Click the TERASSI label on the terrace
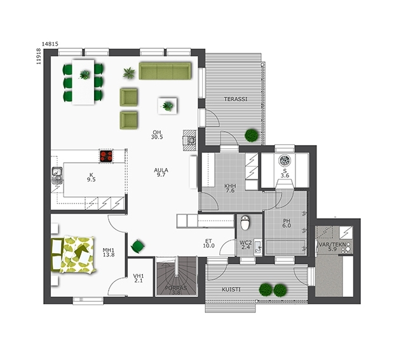[236, 99]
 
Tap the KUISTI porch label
[231, 289]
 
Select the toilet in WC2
[245, 223]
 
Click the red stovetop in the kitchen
[106, 156]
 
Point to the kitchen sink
[57, 175]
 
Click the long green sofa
[165, 71]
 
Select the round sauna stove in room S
[285, 160]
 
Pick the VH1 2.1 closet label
[139, 278]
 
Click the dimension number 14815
[50, 44]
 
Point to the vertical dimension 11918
[39, 56]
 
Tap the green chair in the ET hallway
[137, 246]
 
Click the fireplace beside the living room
[189, 141]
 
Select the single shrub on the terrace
[252, 135]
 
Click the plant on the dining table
[85, 75]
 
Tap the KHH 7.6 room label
[230, 188]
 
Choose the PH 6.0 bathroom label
[287, 223]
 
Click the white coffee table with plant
[168, 106]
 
